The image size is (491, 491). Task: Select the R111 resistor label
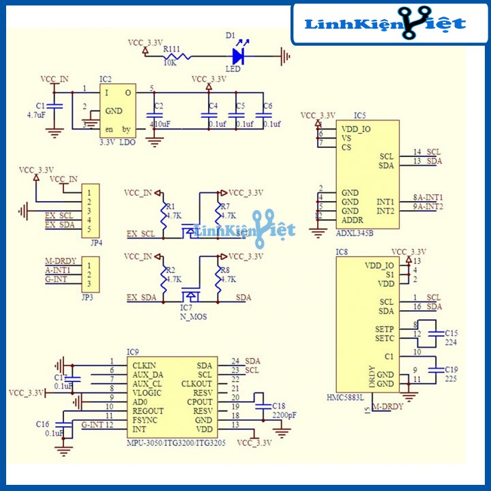point(172,48)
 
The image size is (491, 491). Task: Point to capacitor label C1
point(40,106)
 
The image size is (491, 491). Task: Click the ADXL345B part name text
point(355,233)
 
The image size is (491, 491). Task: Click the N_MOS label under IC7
point(194,317)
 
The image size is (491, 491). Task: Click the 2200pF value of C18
point(284,415)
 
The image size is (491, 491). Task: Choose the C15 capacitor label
point(451,333)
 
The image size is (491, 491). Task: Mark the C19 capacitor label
point(451,369)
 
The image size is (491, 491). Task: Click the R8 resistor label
point(224,270)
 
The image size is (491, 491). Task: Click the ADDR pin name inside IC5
point(353,220)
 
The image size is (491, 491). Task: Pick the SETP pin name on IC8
point(385,329)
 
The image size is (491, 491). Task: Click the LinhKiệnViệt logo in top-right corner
point(385,25)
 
